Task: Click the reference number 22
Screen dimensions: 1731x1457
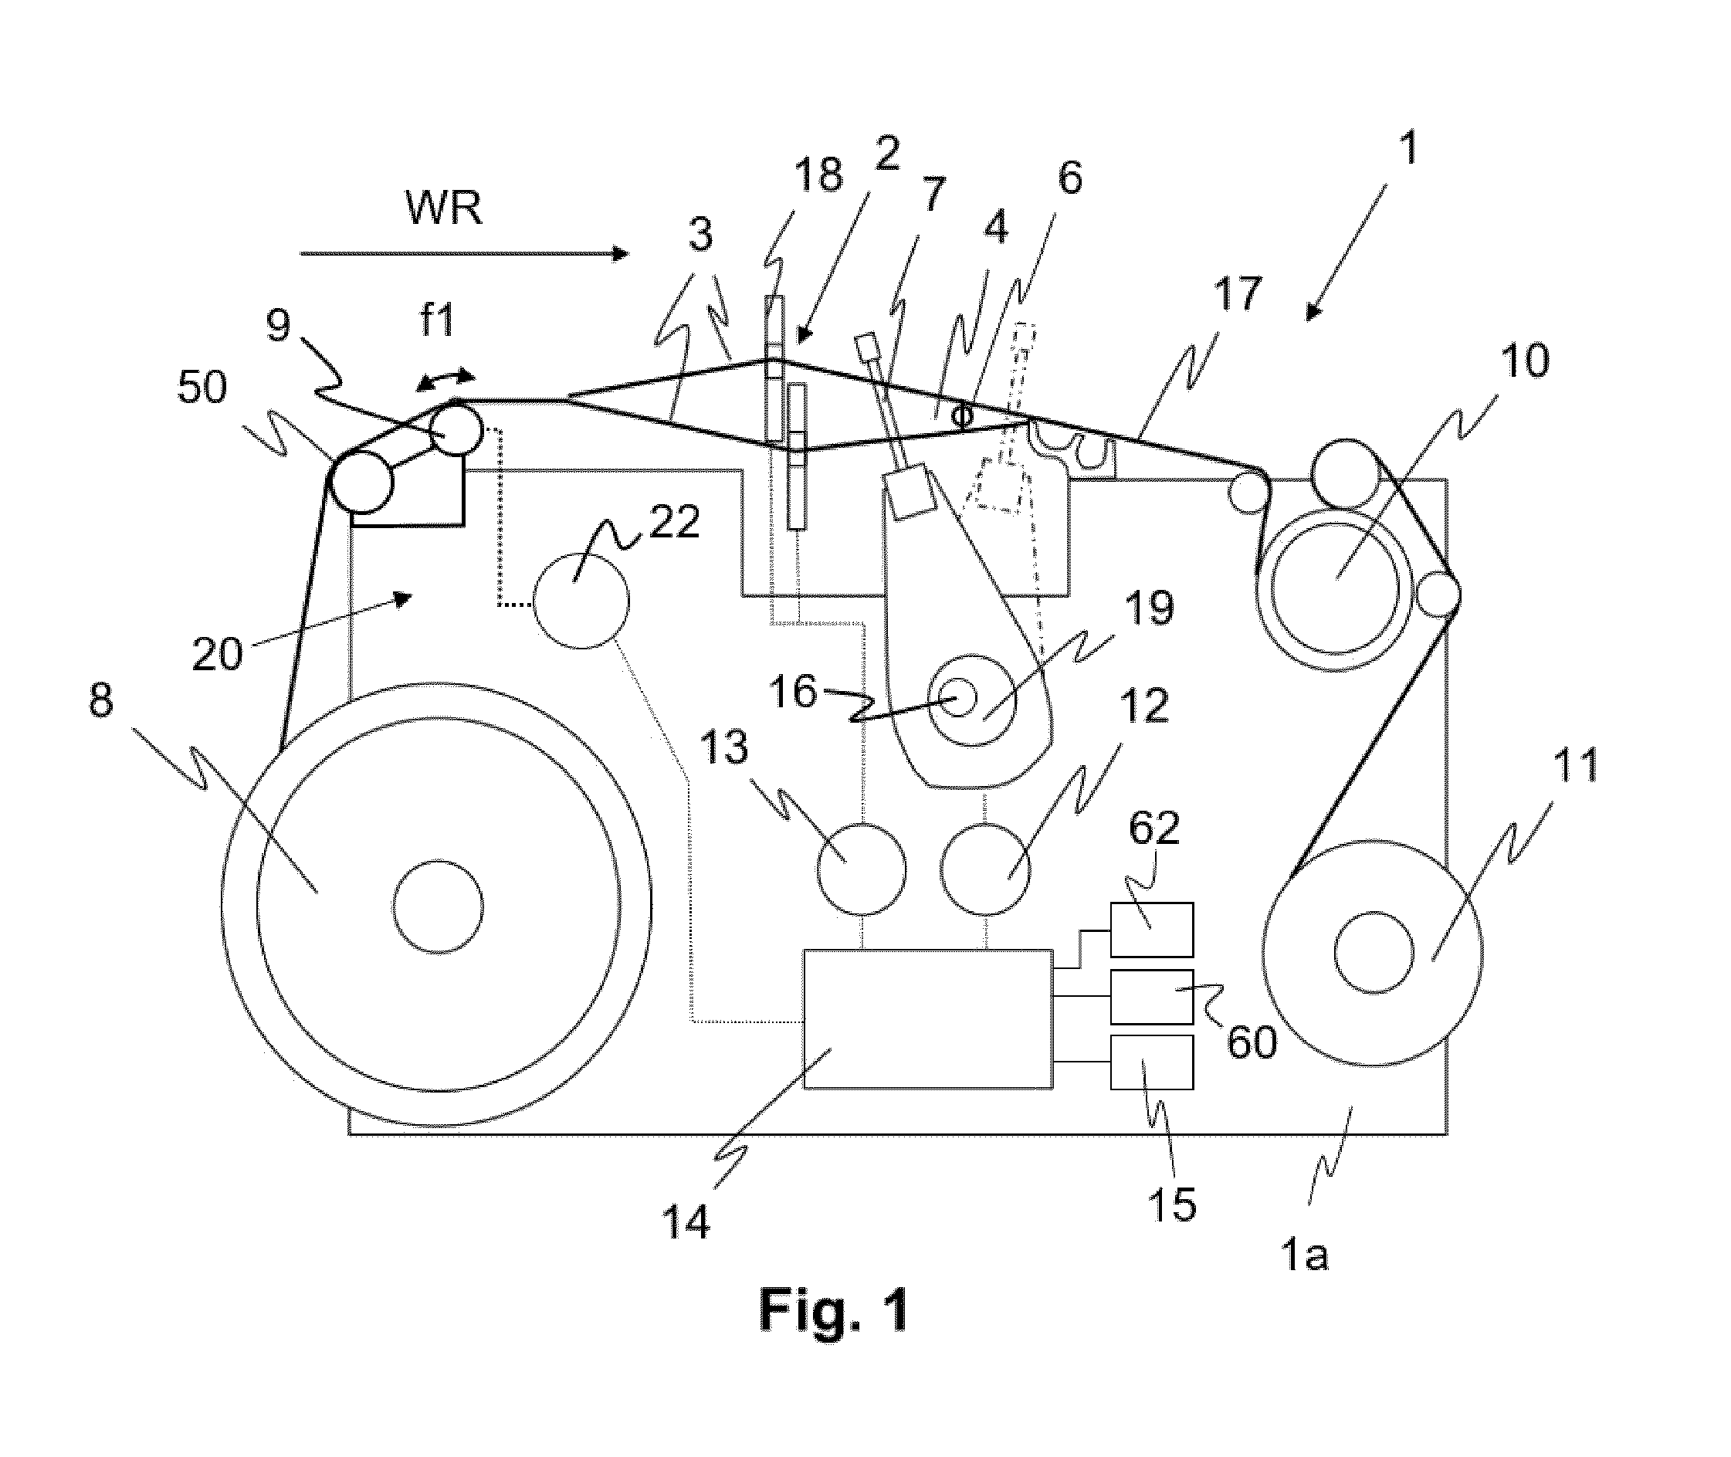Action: [x=675, y=522]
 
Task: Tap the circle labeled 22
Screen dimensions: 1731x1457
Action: [x=581, y=601]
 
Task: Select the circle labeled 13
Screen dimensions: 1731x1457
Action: [x=862, y=869]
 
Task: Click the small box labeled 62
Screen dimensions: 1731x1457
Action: [x=1151, y=929]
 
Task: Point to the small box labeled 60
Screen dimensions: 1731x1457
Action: [x=1151, y=996]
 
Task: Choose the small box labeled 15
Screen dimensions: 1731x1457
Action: [x=1151, y=1062]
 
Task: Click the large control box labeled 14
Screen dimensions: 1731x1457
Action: [x=927, y=1018]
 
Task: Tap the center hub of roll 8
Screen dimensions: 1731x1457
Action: [x=438, y=906]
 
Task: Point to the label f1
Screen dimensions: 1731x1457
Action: [x=437, y=320]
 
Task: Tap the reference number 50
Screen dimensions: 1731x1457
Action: [x=202, y=388]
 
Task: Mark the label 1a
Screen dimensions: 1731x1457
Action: [x=1304, y=1255]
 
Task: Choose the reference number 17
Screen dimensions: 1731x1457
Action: [x=1237, y=295]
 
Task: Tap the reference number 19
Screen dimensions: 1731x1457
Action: [x=1150, y=608]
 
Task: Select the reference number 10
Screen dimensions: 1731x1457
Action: [x=1525, y=361]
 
